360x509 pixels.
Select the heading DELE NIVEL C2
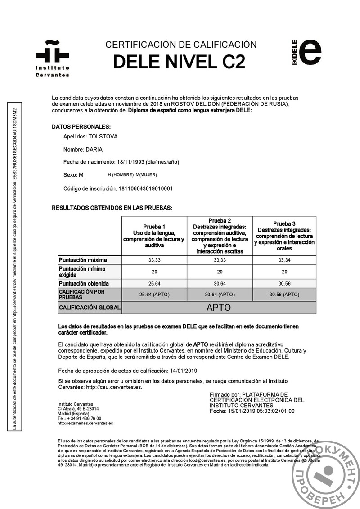click(x=179, y=62)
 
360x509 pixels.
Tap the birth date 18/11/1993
click(x=129, y=162)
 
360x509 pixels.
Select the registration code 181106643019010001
click(x=144, y=188)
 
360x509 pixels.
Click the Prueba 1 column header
click(x=154, y=236)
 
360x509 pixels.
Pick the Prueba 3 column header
click(x=284, y=236)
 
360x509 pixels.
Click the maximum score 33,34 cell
click(x=284, y=260)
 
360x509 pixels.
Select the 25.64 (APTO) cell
click(x=154, y=295)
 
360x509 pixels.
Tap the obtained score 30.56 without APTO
click(x=284, y=284)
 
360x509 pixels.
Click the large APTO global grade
click(x=219, y=308)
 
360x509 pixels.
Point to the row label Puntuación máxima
click(x=83, y=260)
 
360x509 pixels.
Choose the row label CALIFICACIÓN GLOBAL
click(x=90, y=308)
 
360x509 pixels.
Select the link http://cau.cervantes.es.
click(x=114, y=387)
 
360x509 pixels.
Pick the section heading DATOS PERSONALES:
click(x=81, y=127)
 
